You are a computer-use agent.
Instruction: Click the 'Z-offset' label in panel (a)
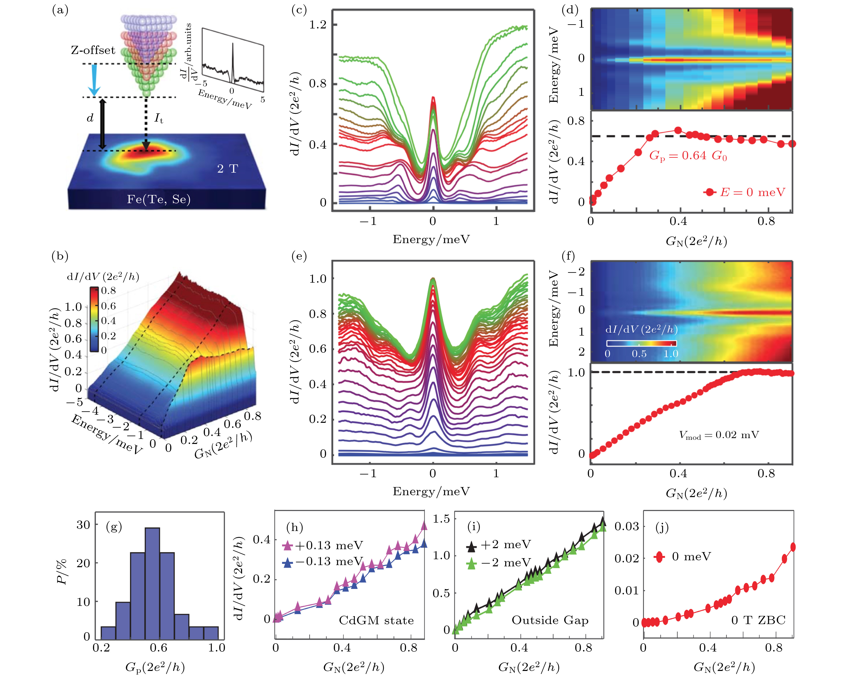tap(93, 50)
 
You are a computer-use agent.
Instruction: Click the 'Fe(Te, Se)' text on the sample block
tap(159, 200)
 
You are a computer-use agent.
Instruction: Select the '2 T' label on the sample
tap(227, 169)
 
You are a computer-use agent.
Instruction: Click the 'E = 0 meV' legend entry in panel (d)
tap(744, 192)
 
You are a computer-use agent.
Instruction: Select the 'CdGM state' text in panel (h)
tap(376, 621)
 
